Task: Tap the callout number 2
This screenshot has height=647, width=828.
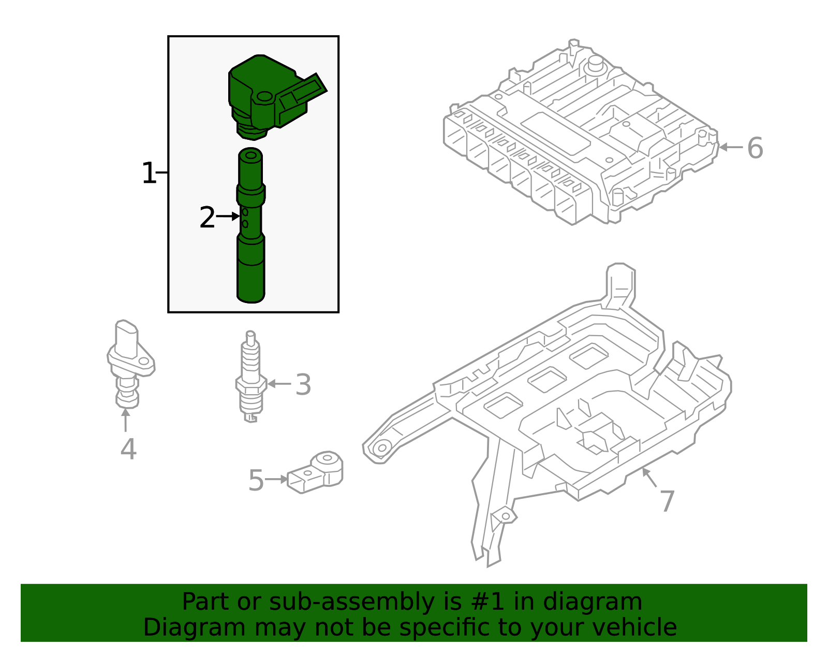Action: tap(207, 218)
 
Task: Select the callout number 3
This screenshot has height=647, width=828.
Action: tap(303, 385)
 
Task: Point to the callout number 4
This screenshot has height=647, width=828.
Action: tap(128, 449)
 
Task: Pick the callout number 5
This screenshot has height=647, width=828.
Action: tap(256, 481)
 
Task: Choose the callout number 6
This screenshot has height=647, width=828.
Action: tap(755, 148)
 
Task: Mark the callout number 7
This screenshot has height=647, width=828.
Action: tap(667, 501)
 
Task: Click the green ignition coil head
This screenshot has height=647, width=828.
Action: tap(269, 96)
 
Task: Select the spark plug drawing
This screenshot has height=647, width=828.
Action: tap(251, 378)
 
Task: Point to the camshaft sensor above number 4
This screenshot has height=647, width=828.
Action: tap(128, 363)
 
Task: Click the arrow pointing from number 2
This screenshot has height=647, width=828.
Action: tap(228, 216)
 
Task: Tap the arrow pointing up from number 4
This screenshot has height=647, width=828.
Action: tap(125, 420)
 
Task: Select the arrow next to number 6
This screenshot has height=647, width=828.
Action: tap(731, 147)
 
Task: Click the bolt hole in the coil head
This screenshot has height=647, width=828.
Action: tap(264, 97)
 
